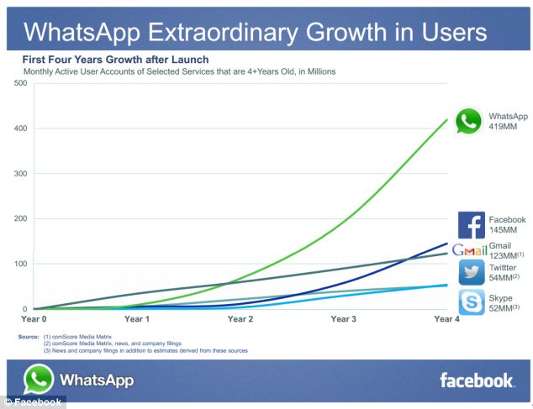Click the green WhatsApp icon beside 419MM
[x=468, y=121]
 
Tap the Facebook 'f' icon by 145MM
[x=472, y=225]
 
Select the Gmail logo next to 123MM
[x=470, y=250]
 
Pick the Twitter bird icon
[x=472, y=272]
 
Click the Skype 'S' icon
[x=472, y=302]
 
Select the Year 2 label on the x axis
[x=240, y=319]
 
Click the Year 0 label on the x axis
[x=34, y=319]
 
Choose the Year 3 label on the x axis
[x=343, y=319]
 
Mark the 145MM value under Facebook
[x=503, y=229]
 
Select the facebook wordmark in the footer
[x=476, y=380]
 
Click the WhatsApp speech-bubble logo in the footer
[x=39, y=380]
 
